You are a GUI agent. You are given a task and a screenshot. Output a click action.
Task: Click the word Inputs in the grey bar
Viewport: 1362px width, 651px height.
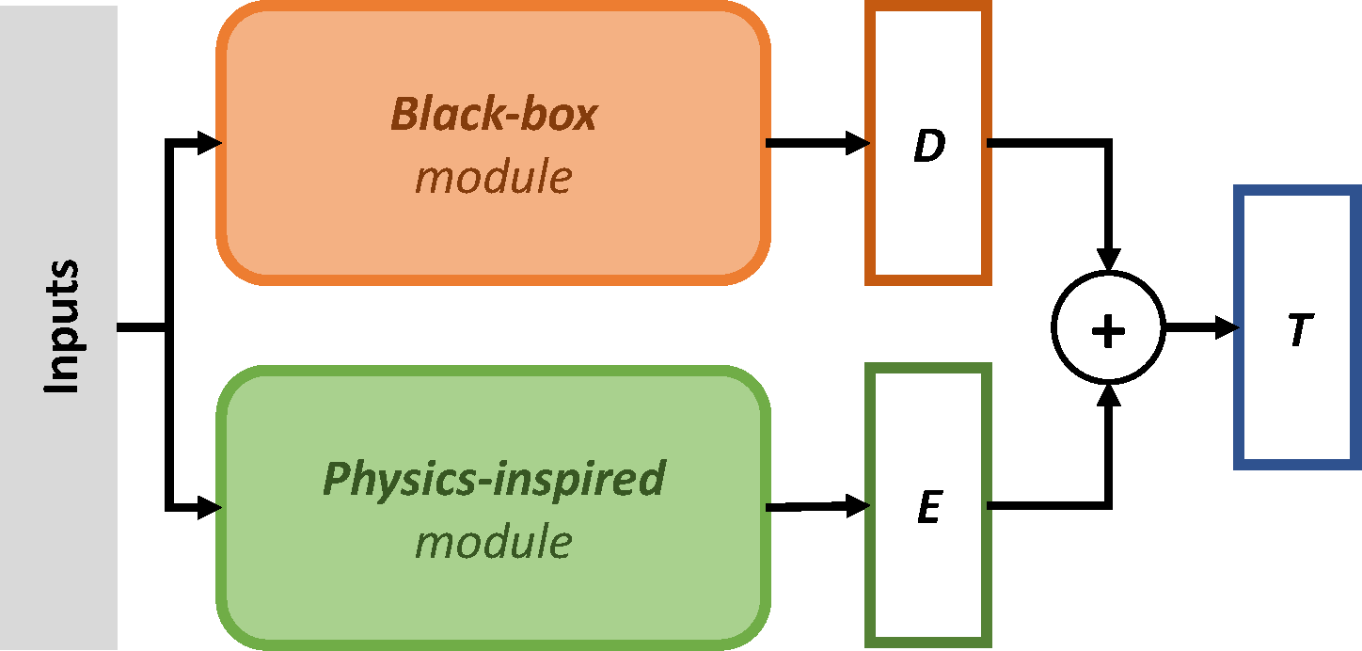(x=61, y=326)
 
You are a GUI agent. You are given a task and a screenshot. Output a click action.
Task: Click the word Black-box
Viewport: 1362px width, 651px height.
(x=494, y=115)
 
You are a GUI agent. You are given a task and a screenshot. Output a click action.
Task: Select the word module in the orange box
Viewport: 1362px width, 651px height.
(x=494, y=176)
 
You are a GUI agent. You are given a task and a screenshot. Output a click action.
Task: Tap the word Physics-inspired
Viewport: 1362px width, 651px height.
(x=494, y=479)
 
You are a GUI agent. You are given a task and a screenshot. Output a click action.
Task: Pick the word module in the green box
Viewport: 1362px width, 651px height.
(x=494, y=541)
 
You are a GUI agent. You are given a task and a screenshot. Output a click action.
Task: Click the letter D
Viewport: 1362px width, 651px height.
(x=928, y=147)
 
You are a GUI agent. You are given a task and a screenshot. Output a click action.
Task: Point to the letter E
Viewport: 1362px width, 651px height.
(x=928, y=509)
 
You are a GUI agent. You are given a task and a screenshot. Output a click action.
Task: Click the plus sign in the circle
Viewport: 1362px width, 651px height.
(x=1109, y=328)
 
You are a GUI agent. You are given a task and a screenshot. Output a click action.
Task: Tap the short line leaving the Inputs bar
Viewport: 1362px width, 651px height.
(x=141, y=327)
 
